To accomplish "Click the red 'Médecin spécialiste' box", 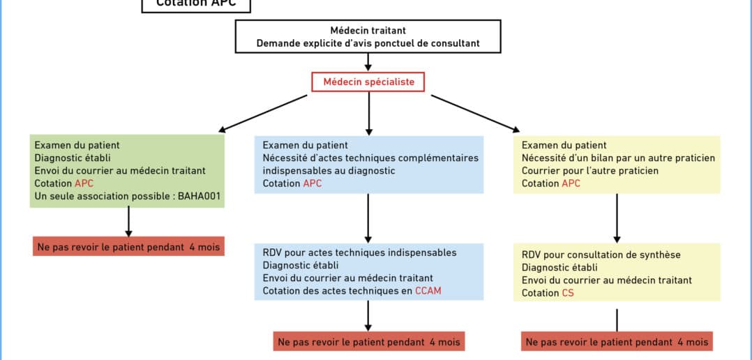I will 368,82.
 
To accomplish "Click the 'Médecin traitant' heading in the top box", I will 368,31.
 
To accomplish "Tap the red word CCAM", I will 428,290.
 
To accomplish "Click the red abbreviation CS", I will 568,293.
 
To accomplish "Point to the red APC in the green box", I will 84,183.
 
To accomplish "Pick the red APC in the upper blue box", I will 312,183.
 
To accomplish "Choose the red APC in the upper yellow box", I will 570,183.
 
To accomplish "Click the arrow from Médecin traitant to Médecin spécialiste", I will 368,62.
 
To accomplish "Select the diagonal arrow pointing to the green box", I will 264,113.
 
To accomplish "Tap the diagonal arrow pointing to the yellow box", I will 475,113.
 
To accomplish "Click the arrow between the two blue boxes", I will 368,217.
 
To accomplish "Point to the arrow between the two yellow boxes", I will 617,217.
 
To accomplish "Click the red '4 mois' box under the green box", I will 128,246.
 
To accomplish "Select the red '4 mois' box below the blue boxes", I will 368,342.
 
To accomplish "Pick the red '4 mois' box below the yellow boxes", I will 617,342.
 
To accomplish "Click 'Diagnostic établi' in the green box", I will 73,158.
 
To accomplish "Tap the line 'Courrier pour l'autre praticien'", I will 590,170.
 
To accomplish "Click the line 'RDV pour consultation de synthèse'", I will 601,255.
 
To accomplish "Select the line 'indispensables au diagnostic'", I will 329,170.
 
